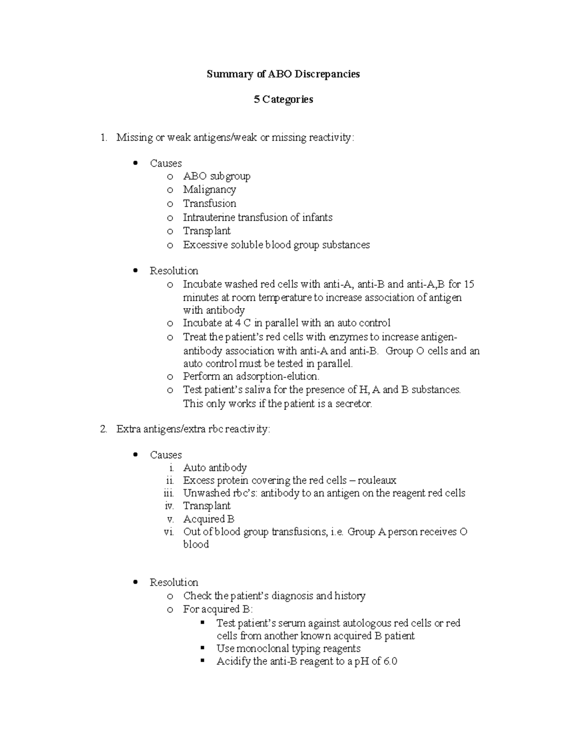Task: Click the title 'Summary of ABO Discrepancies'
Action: [283, 74]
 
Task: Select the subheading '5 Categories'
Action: [283, 99]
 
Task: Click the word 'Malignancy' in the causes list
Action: [209, 190]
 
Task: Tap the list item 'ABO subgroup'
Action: [216, 176]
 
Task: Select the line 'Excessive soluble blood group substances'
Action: [276, 245]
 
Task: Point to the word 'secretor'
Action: [353, 404]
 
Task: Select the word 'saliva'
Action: [272, 390]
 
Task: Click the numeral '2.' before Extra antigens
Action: [103, 430]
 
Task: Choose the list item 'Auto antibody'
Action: [215, 468]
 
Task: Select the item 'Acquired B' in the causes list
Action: [208, 519]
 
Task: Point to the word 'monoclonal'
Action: [262, 649]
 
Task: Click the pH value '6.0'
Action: [390, 662]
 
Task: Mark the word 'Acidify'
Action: [233, 662]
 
